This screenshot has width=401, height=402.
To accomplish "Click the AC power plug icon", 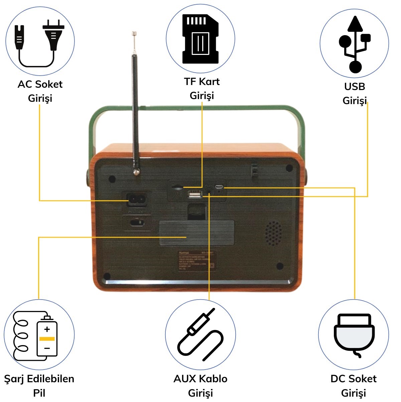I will [40, 42].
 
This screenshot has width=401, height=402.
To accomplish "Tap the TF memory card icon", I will [200, 39].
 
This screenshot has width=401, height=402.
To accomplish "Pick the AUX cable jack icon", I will [200, 335].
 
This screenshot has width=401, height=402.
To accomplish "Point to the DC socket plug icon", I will [353, 335].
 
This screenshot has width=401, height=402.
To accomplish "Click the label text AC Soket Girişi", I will [40, 91].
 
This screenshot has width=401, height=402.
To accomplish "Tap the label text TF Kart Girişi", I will [202, 88].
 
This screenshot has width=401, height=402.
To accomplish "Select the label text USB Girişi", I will [355, 93].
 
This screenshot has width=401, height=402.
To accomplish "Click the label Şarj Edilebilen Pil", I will [39, 386].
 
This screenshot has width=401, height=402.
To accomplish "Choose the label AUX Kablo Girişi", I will [200, 386].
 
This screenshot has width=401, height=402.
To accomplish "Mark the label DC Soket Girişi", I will [353, 386].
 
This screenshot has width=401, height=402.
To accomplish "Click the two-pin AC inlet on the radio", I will [137, 200].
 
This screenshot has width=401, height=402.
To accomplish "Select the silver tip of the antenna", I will [134, 33].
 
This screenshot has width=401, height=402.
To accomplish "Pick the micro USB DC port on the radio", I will [219, 187].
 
